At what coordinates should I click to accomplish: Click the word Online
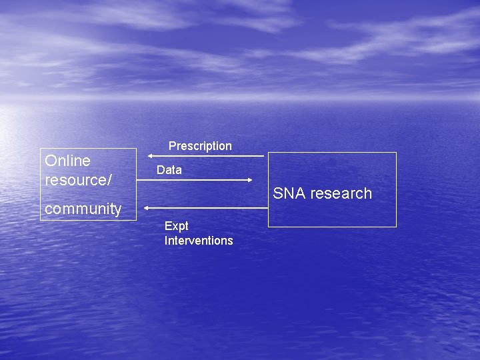click(67, 161)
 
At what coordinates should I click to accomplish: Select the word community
click(83, 209)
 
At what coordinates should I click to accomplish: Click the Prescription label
click(200, 146)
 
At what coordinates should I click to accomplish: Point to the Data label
click(169, 170)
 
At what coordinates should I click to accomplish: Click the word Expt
click(177, 226)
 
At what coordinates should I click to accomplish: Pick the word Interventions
click(199, 241)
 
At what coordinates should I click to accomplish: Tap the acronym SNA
click(289, 193)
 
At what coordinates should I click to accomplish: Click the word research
click(341, 193)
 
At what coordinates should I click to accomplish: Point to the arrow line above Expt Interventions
click(207, 208)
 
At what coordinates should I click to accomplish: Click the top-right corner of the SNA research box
click(396, 153)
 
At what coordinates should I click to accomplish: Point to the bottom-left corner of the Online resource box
click(41, 220)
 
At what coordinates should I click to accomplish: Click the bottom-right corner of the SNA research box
click(396, 227)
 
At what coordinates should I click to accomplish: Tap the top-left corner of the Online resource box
click(41, 148)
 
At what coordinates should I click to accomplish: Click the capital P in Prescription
click(172, 146)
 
